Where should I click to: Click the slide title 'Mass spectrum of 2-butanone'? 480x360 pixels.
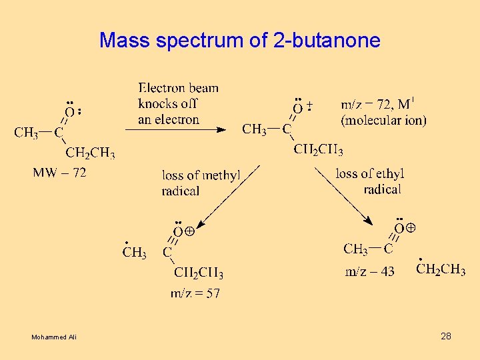[240, 41]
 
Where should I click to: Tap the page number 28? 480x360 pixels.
[446, 336]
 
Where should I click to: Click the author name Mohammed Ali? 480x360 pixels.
[54, 337]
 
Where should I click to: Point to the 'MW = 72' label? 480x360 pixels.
[59, 173]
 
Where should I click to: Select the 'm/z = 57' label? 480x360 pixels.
[195, 293]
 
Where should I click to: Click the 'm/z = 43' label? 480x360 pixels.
[369, 271]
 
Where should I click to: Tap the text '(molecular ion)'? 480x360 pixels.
[383, 121]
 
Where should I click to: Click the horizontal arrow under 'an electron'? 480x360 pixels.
[176, 130]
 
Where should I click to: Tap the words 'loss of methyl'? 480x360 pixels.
[201, 175]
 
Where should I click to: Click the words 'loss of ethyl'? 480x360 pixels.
[370, 174]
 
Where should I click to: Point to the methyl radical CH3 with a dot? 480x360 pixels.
[134, 252]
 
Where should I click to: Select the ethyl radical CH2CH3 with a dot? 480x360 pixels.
[441, 269]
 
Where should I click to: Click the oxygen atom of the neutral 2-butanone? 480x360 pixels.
[69, 112]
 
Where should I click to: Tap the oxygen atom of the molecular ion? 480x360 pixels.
[298, 108]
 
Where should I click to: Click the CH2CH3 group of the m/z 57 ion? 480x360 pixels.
[198, 273]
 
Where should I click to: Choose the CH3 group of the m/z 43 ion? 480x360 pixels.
[355, 249]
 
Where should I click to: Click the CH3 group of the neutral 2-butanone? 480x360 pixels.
[26, 133]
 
